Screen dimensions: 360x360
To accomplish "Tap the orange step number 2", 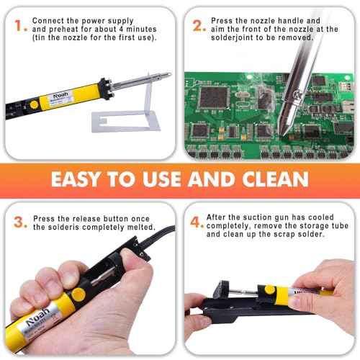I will [198, 27].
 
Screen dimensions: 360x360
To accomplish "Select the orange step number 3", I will [19, 221].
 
